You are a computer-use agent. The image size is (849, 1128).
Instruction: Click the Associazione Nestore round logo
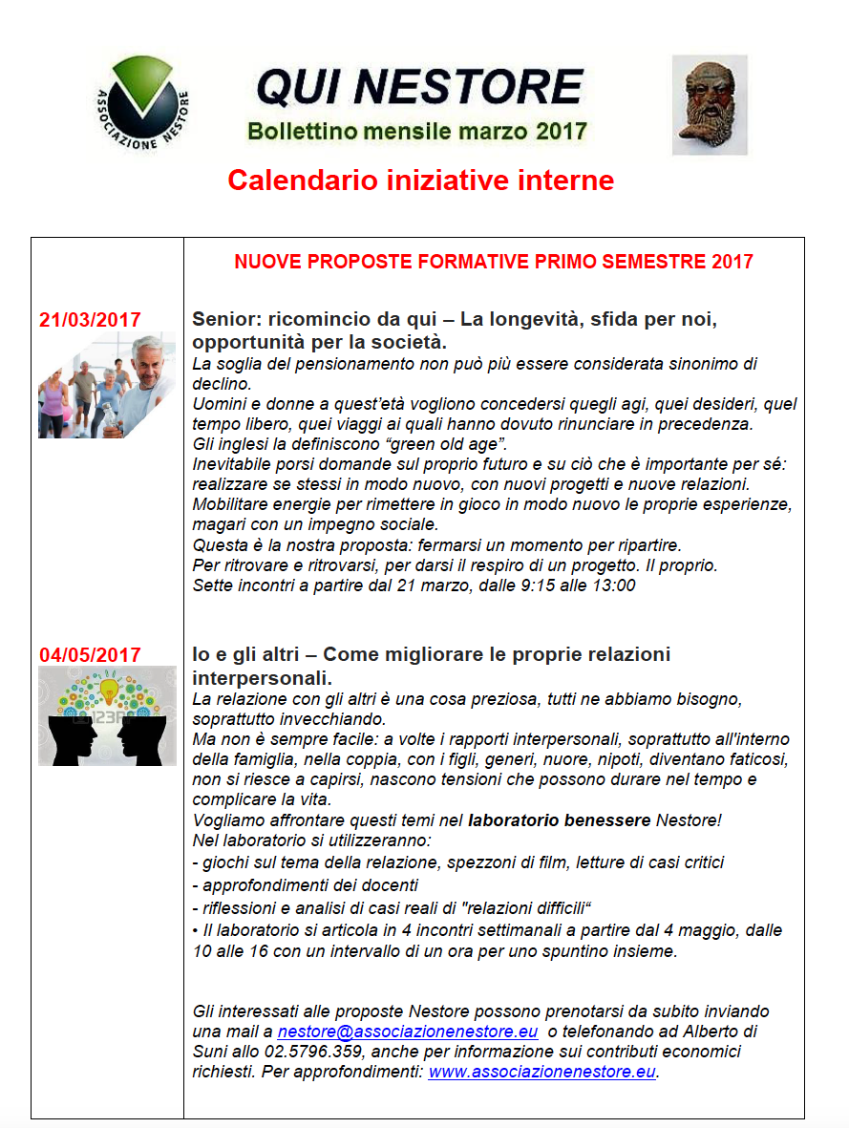(144, 103)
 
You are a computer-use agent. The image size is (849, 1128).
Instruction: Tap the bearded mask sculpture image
(709, 105)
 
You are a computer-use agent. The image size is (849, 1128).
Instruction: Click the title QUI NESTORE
(419, 89)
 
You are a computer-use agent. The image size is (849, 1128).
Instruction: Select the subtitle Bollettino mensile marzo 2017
(417, 131)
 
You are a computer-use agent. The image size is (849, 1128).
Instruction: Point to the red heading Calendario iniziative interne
(420, 181)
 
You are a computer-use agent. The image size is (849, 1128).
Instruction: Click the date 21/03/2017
(90, 320)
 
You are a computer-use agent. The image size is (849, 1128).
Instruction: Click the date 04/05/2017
(90, 655)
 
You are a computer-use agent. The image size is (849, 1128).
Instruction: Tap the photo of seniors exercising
(106, 385)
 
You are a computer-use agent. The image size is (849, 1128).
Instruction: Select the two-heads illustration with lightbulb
(107, 715)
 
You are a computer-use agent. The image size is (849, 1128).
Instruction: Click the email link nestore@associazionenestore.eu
(408, 1032)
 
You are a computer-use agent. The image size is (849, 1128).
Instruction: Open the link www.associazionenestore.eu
(541, 1072)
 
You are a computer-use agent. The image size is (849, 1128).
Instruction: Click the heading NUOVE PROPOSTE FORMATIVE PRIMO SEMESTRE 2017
(494, 262)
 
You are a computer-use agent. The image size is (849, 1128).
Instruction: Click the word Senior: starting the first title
(223, 319)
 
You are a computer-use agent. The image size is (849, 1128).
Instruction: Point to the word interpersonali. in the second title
(262, 678)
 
